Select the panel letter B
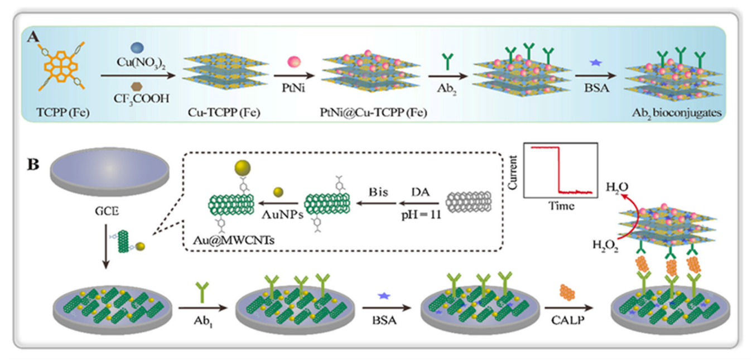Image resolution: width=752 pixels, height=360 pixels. (33, 166)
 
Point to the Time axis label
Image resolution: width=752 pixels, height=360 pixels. (560, 206)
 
